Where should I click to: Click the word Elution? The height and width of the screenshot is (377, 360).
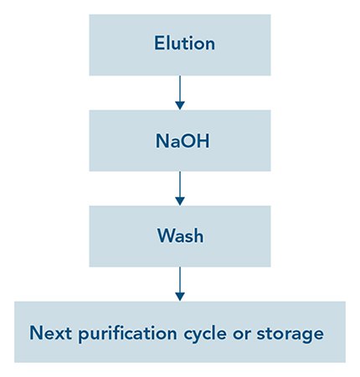pyautogui.click(x=184, y=43)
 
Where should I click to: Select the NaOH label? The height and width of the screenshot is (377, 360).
pyautogui.click(x=183, y=141)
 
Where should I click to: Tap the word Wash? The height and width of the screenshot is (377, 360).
pyautogui.click(x=180, y=236)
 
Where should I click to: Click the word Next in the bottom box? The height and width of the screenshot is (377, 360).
pyautogui.click(x=50, y=333)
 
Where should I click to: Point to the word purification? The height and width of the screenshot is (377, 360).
pyautogui.click(x=127, y=334)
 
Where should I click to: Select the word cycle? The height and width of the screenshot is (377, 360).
pyautogui.click(x=205, y=334)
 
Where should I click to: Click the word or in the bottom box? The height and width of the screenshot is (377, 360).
pyautogui.click(x=242, y=334)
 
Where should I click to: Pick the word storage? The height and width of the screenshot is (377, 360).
pyautogui.click(x=290, y=334)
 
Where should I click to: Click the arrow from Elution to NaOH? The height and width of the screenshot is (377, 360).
pyautogui.click(x=180, y=92)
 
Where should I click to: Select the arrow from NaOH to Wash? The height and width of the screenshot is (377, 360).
pyautogui.click(x=180, y=188)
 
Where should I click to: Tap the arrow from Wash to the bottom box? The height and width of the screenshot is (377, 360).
pyautogui.click(x=180, y=284)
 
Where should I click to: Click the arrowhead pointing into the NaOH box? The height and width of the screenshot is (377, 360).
pyautogui.click(x=180, y=106)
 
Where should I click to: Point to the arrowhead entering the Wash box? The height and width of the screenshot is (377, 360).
pyautogui.click(x=180, y=201)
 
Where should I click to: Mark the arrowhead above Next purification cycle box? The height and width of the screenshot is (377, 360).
pyautogui.click(x=180, y=297)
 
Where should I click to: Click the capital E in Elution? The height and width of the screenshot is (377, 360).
pyautogui.click(x=159, y=43)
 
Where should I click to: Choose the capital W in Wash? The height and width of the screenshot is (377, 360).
pyautogui.click(x=167, y=236)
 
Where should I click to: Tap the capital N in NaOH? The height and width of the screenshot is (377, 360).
pyautogui.click(x=162, y=141)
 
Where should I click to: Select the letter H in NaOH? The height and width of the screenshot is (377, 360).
pyautogui.click(x=203, y=141)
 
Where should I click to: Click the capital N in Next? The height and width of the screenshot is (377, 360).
pyautogui.click(x=36, y=333)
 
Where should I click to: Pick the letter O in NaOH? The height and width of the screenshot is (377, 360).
pyautogui.click(x=188, y=141)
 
